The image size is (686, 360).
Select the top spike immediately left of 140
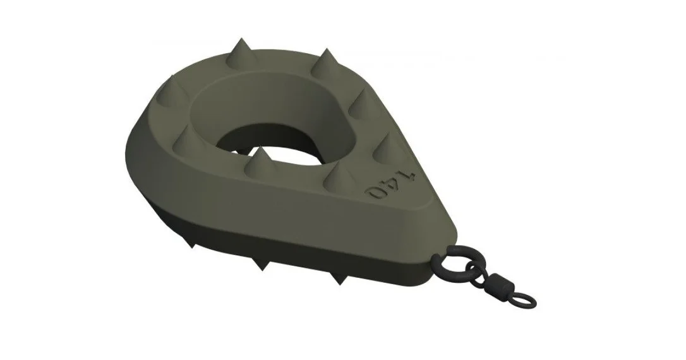(340, 176)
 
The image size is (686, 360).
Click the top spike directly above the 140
(384, 147)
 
